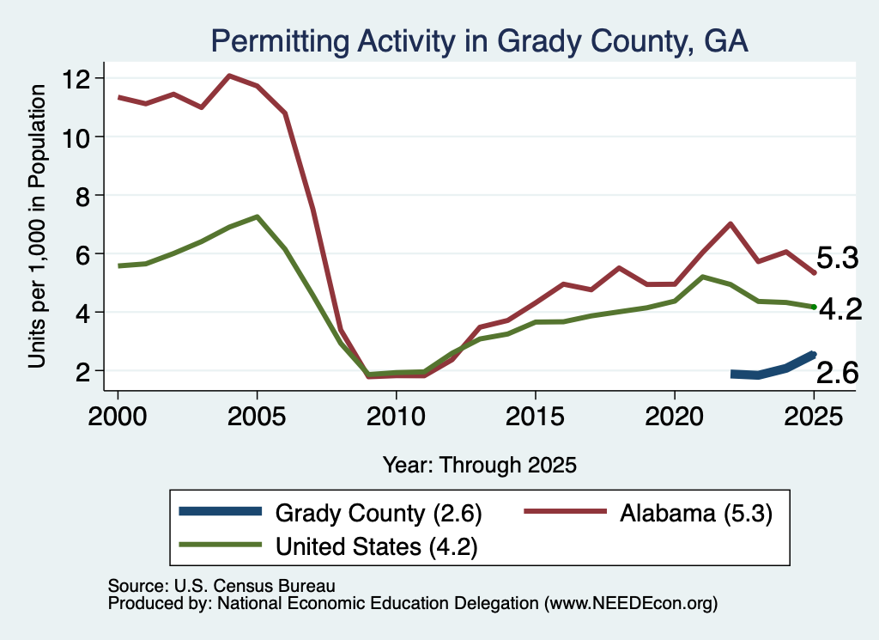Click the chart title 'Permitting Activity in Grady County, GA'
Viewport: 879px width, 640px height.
coord(479,42)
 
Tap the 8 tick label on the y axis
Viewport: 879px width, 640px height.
coord(83,196)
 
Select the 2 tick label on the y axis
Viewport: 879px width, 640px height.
coord(83,371)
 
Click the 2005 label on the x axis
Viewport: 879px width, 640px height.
coord(257,417)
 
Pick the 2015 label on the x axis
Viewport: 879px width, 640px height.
coord(536,417)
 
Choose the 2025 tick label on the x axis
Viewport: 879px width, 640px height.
coord(814,417)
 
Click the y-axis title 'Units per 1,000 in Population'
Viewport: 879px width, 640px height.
coord(37,227)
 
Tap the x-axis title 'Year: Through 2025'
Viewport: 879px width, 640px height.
coord(479,465)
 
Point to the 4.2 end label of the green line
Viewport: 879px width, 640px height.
coord(840,309)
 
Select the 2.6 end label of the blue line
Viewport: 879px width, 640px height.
coord(837,373)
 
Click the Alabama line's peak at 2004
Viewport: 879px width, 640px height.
coord(229,76)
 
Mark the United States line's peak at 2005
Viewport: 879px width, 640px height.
coord(257,216)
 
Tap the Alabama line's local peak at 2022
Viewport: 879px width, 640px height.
coord(730,224)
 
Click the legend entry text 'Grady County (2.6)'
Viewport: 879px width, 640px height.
coord(379,513)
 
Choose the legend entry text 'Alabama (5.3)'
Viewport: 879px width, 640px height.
coord(696,513)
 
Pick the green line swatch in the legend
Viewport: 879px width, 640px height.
coord(221,544)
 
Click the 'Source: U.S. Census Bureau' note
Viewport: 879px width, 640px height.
coord(221,586)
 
